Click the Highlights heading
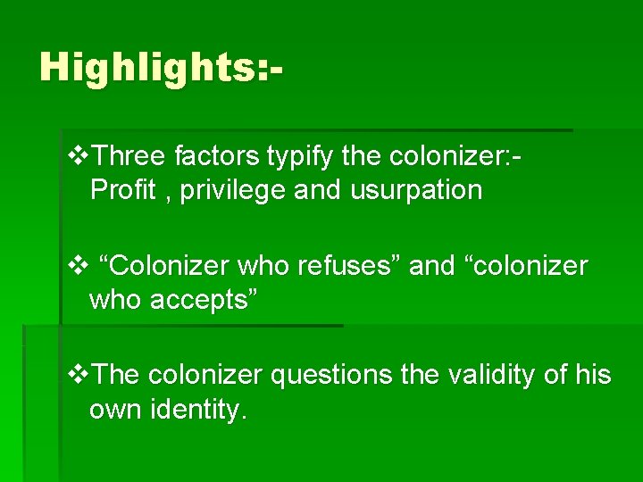(162, 68)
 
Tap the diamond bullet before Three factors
(78, 158)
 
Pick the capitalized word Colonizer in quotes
(170, 266)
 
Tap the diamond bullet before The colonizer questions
(78, 375)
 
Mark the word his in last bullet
(593, 375)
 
